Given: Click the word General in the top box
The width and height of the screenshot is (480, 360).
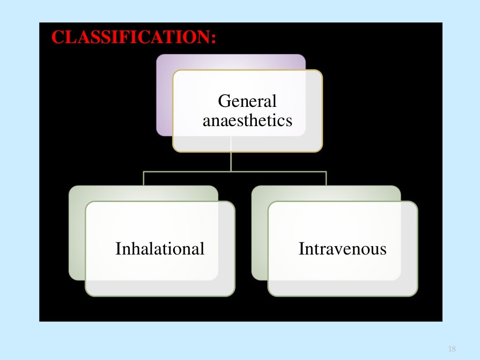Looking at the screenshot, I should click(x=247, y=101).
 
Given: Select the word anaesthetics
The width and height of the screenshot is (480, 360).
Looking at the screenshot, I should click(x=247, y=120).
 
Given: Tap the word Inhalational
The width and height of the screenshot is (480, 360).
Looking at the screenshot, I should click(x=160, y=248).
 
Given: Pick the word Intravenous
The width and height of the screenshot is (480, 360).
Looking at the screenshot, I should click(x=343, y=248).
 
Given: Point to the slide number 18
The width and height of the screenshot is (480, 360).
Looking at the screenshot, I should click(x=452, y=349).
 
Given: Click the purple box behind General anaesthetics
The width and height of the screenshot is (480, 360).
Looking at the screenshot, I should click(x=164, y=94).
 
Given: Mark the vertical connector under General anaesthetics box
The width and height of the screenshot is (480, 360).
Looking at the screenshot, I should click(x=231, y=162).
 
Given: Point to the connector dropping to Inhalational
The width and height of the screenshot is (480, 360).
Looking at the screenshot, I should click(x=144, y=179).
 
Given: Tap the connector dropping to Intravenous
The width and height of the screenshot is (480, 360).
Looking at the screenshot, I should click(x=326, y=179).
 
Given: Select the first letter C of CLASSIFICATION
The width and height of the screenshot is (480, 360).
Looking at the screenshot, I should click(x=57, y=37).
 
